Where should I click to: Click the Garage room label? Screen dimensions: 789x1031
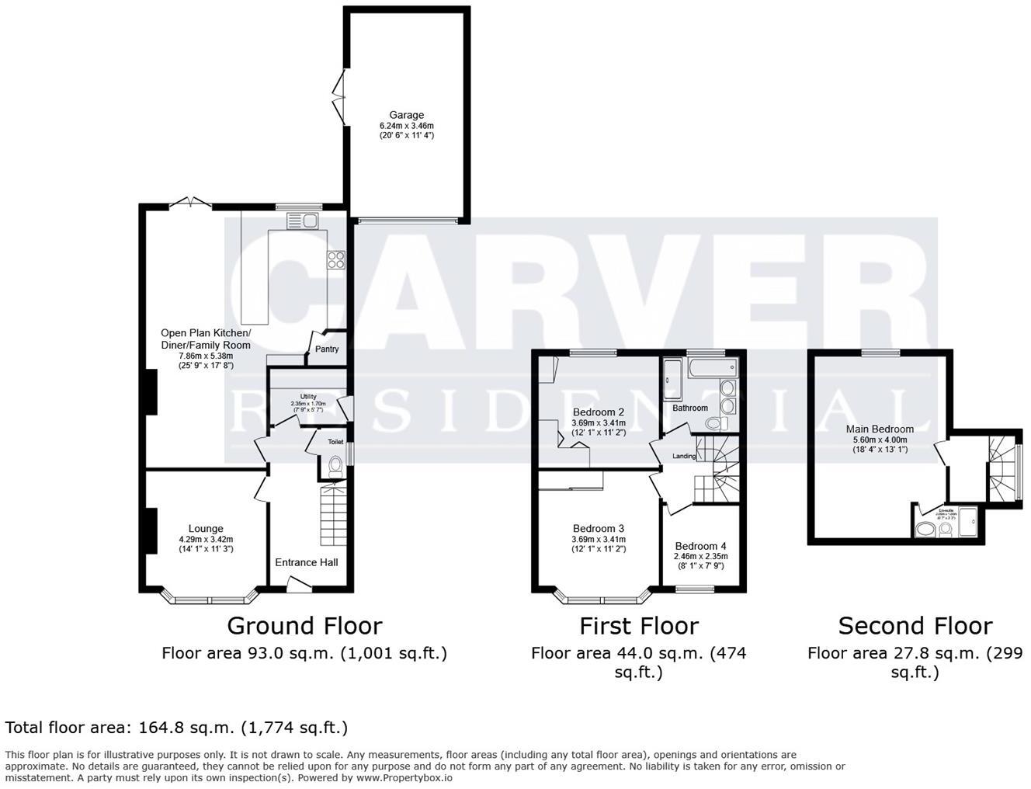point(407,116)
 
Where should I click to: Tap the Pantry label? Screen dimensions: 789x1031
point(327,349)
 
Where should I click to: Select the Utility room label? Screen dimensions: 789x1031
point(308,397)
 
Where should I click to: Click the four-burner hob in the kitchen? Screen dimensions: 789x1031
point(336,260)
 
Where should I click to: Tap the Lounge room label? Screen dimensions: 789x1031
point(205,529)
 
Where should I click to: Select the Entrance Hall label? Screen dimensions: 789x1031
point(307,562)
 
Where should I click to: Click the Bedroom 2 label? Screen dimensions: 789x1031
point(599,412)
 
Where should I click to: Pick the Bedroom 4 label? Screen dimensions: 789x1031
point(700,546)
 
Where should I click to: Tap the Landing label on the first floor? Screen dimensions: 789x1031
point(683,456)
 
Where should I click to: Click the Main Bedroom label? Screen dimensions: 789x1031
point(880,429)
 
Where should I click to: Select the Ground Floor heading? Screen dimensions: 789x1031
point(304,626)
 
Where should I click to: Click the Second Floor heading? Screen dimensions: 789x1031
point(915,626)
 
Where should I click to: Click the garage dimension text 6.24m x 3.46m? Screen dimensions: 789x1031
point(407,126)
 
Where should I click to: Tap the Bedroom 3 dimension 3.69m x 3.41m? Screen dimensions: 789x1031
point(599,539)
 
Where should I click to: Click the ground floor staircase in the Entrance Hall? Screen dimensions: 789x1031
point(332,516)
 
